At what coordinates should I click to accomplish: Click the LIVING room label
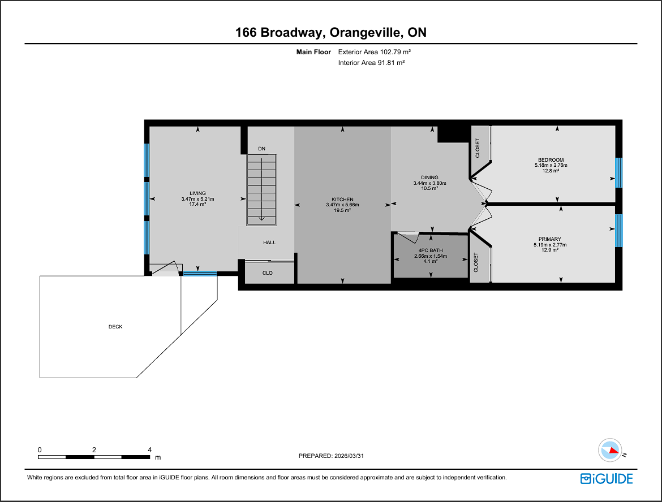point(197,193)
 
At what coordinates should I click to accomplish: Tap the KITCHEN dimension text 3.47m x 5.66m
point(342,205)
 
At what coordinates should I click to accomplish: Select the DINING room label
point(429,178)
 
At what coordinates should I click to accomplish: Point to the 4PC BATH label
point(431,250)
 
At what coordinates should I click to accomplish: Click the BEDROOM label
point(551,160)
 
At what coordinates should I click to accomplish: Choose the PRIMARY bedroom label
point(550,239)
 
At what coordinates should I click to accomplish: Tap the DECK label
point(115,327)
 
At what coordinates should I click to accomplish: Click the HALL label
point(269,243)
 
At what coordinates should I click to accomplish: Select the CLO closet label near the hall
point(267,273)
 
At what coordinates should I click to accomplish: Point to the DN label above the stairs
point(262,149)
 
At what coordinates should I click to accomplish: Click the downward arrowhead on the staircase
point(262,218)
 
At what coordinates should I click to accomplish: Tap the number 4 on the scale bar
point(149,450)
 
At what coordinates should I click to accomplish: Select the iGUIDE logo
point(607,478)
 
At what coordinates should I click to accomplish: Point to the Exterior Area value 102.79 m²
point(396,52)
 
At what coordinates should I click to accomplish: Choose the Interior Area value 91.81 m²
point(391,63)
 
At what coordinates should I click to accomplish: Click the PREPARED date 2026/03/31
point(349,456)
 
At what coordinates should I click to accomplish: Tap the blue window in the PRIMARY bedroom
point(618,230)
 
